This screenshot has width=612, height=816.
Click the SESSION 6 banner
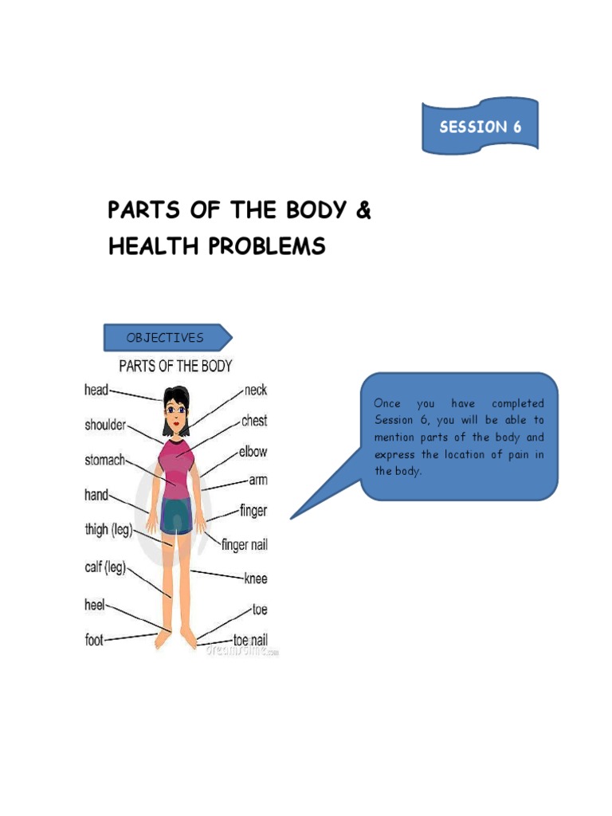coord(480,126)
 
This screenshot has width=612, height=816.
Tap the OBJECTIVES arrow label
coord(165,337)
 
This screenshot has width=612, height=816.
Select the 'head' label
coord(96,390)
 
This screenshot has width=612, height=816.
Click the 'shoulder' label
coord(105,425)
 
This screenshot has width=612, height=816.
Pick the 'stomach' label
coord(104,460)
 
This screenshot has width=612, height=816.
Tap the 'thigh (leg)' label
coord(108,530)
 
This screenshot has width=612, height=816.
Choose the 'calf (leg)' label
coord(104,567)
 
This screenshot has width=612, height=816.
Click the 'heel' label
coord(95,605)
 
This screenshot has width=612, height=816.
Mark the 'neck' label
coord(255,390)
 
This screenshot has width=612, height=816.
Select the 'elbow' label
coord(253,452)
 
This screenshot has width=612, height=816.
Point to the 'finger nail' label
coord(245,546)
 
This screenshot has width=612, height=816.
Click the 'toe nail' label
coord(249,639)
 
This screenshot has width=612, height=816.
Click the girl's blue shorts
coord(175,516)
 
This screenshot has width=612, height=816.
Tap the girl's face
coord(175,414)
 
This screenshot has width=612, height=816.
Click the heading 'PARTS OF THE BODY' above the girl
coord(175,367)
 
